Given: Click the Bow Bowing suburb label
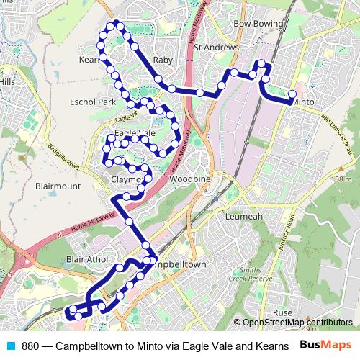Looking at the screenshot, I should click(258, 24).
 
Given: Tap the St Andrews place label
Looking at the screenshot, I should click(217, 48).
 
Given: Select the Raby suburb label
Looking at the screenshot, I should click(163, 60).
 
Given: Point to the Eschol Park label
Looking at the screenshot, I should click(92, 102).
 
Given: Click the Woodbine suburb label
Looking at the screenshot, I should click(191, 177).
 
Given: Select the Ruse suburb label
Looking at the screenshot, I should click(282, 312).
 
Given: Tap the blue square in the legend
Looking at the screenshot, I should click(11, 345).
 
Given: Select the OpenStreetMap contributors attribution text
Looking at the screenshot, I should click(297, 322).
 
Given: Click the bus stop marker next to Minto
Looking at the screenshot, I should click(292, 94).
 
